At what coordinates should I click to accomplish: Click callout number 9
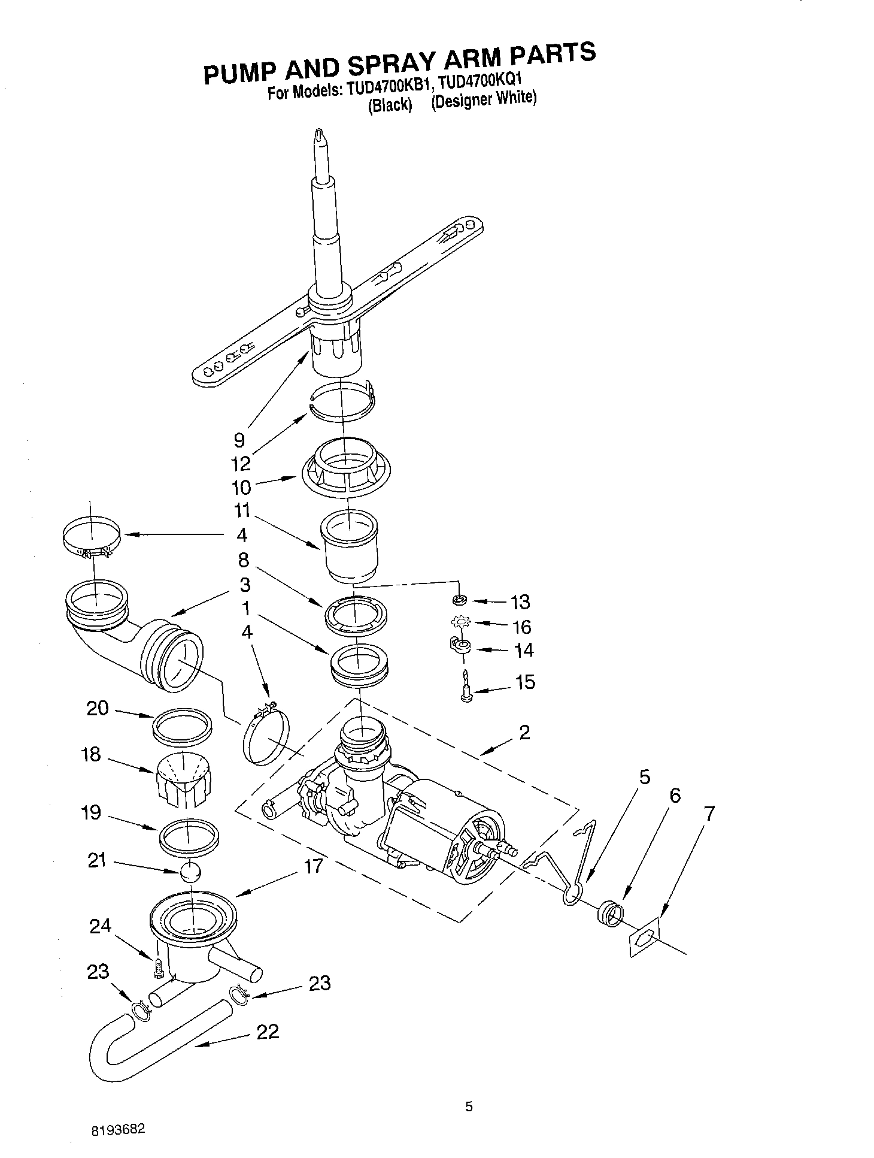point(239,440)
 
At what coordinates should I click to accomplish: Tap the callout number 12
point(241,464)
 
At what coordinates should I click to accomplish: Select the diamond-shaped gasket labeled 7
point(644,938)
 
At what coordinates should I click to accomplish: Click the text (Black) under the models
point(390,105)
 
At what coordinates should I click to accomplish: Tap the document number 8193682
point(117,1130)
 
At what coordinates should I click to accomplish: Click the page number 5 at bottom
point(469,1106)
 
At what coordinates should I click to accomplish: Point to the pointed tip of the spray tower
point(320,134)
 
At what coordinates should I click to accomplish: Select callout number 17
point(313,866)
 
